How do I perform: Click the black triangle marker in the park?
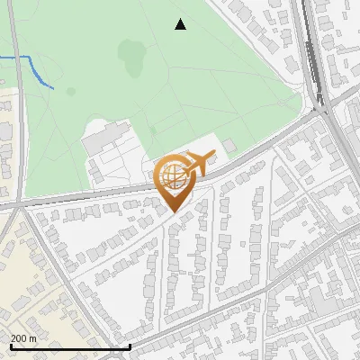coord(181,24)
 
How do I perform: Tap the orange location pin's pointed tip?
coord(174,211)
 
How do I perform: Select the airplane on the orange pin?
coord(198,164)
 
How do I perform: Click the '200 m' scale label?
coord(23,338)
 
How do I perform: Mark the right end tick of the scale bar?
coord(130,346)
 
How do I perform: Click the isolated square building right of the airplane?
coord(229,145)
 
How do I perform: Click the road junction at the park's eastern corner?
coord(319,111)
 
